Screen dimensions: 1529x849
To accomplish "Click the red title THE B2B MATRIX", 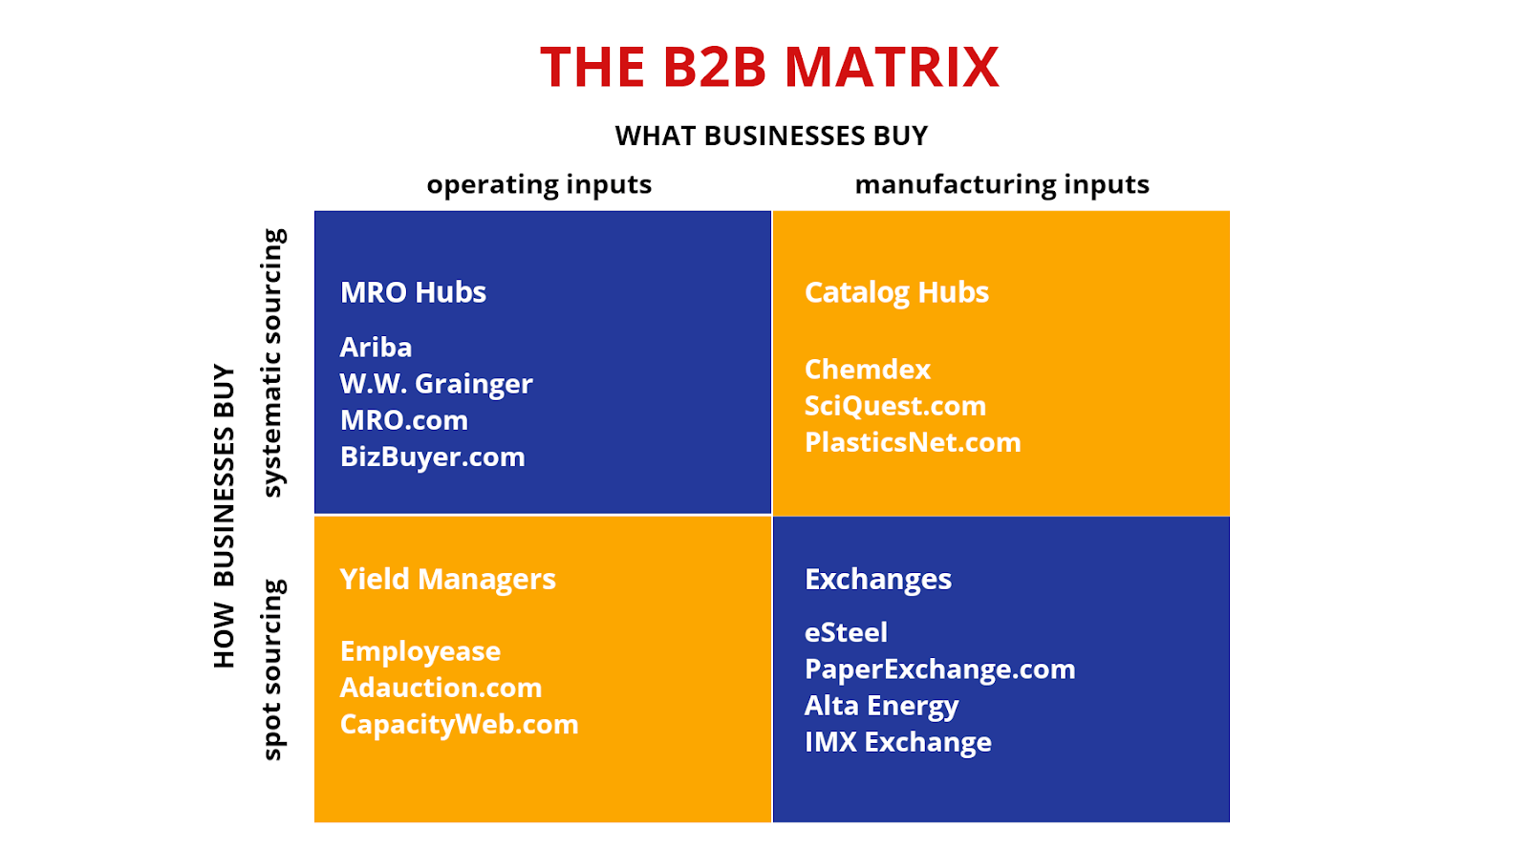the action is pyautogui.click(x=769, y=67).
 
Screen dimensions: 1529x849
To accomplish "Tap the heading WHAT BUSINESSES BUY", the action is pyautogui.click(x=771, y=136).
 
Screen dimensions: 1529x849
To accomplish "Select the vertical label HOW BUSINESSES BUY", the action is pyautogui.click(x=224, y=516).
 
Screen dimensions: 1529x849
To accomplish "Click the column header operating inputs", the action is pyautogui.click(x=539, y=185).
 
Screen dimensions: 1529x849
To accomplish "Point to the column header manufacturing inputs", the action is pyautogui.click(x=1002, y=185).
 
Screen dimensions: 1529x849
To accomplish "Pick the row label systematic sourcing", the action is pyautogui.click(x=272, y=363).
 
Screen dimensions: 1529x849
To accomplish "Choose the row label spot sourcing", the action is pyautogui.click(x=272, y=669).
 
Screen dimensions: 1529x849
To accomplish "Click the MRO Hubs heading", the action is pyautogui.click(x=413, y=292).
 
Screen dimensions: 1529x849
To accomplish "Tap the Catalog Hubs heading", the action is pyautogui.click(x=896, y=293).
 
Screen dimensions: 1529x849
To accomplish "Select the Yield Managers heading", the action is pyautogui.click(x=448, y=580).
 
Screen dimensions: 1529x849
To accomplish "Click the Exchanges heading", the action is pyautogui.click(x=878, y=580).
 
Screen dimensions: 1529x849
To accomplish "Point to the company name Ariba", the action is pyautogui.click(x=377, y=347).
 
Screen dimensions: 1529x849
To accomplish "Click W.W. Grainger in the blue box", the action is pyautogui.click(x=436, y=384).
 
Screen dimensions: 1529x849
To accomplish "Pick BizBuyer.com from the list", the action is pyautogui.click(x=433, y=456).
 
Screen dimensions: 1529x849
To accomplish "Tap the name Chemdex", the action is pyautogui.click(x=868, y=370).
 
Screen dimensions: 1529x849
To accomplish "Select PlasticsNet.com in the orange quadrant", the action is pyautogui.click(x=913, y=442).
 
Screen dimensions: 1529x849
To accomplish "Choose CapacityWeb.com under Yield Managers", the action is pyautogui.click(x=460, y=725).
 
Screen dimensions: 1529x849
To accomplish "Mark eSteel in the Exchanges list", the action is pyautogui.click(x=847, y=632).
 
